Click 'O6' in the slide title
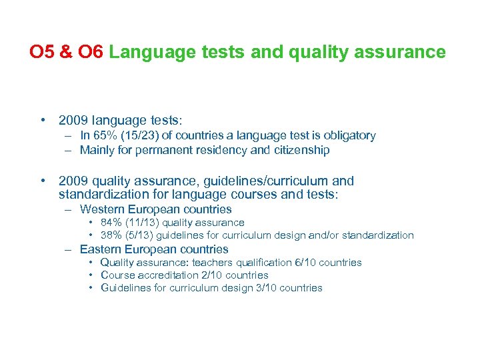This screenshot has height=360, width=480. coord(91,52)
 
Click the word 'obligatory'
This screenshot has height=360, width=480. coord(347,135)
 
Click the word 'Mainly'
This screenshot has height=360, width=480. coord(97,150)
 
